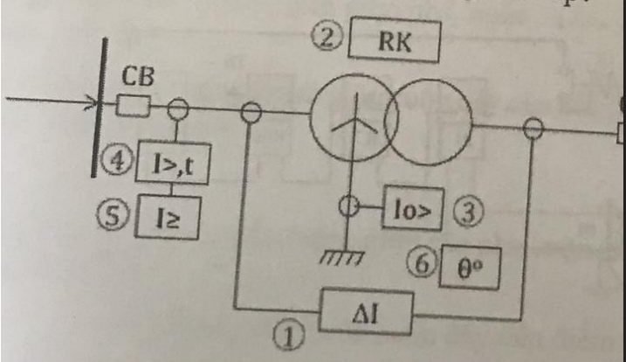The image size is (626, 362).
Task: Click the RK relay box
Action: coord(395,39)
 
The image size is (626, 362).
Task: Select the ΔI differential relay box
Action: coord(366,312)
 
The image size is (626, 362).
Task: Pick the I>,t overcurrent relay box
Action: coord(173,163)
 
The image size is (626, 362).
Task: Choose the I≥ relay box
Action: coord(168,217)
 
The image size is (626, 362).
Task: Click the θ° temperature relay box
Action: coord(470,267)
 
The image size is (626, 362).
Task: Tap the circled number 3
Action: coord(468,212)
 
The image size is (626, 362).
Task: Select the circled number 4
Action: coord(117,162)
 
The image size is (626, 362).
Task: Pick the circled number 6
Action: coord(423,263)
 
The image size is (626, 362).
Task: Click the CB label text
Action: coord(137,76)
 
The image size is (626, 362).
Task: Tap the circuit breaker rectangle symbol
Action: coord(134,106)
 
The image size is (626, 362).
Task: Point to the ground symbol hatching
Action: coord(341,257)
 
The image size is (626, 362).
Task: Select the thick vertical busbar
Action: coord(100,108)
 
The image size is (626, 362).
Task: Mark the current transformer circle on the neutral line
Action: coord(349,206)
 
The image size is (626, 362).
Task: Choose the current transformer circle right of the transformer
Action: coord(533,129)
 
